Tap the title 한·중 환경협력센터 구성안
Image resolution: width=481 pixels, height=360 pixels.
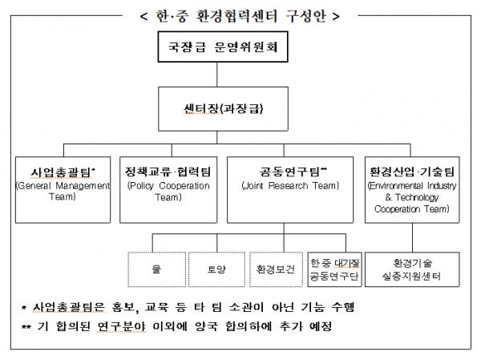(x=240, y=16)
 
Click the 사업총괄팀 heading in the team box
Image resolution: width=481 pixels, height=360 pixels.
(x=63, y=172)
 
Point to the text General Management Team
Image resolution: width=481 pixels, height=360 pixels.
(x=63, y=191)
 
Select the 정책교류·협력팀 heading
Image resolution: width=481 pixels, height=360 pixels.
(x=168, y=172)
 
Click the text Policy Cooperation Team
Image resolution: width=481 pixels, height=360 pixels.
(x=168, y=191)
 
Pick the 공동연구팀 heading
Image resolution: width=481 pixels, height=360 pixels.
(x=293, y=172)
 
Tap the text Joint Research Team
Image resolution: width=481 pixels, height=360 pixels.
(x=290, y=186)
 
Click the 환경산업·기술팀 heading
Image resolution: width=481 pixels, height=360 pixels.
(x=412, y=172)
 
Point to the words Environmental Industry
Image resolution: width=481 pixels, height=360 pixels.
(x=412, y=186)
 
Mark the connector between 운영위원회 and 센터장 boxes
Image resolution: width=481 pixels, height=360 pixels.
(x=217, y=75)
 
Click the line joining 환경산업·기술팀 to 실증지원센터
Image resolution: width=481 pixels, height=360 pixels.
(x=412, y=237)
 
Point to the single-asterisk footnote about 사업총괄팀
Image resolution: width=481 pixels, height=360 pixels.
(x=188, y=307)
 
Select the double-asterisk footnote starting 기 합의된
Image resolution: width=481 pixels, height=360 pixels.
(x=176, y=326)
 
